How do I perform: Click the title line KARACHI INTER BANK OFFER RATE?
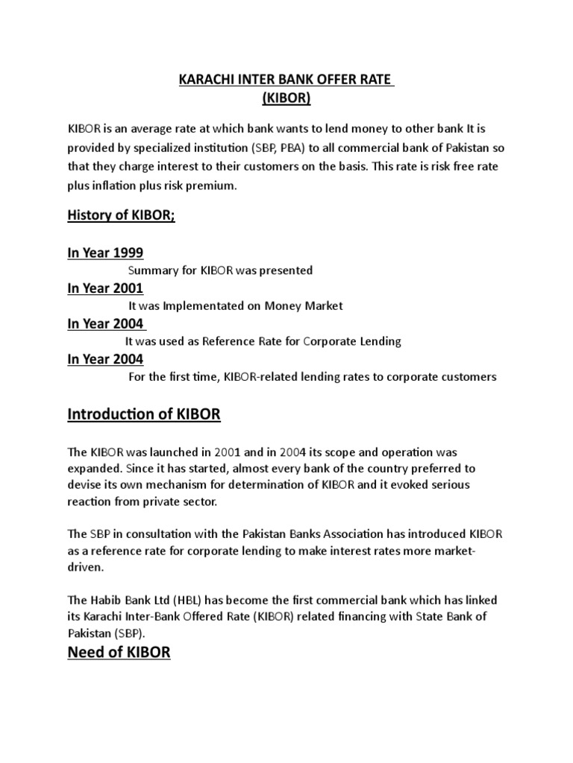286,80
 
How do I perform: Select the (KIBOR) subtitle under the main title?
286,98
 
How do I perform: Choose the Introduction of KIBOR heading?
144,414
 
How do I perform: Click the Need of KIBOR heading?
119,653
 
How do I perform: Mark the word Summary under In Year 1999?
152,270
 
